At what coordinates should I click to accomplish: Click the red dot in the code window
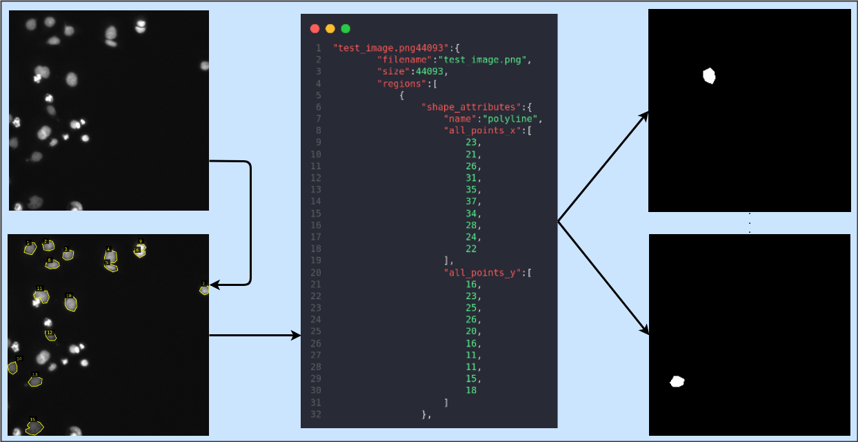(x=315, y=28)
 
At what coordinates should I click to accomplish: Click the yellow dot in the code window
(x=330, y=28)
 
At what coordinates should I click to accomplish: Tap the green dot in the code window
(x=346, y=28)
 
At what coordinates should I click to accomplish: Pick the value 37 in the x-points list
(x=471, y=201)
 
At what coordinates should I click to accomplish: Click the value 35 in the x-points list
(x=471, y=189)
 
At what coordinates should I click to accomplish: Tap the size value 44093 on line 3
(x=431, y=71)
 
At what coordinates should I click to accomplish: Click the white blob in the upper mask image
(x=708, y=75)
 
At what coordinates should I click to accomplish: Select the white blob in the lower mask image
(x=677, y=381)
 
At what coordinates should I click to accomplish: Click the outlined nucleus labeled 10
(x=70, y=303)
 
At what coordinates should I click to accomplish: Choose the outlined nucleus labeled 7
(x=204, y=290)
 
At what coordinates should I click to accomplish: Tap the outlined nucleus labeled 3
(x=68, y=255)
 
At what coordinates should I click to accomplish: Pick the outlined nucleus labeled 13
(x=35, y=381)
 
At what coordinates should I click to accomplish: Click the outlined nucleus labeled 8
(x=52, y=264)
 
